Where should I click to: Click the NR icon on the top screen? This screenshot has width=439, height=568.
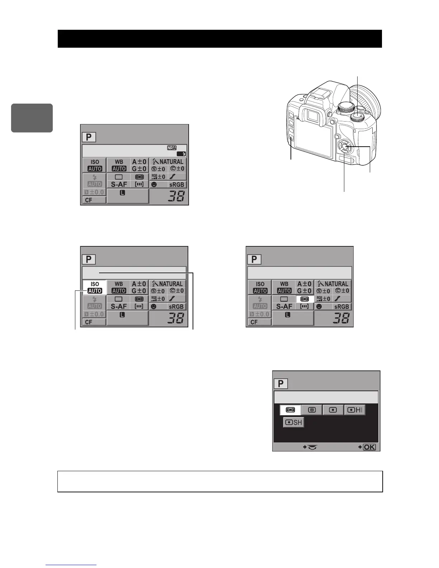172,148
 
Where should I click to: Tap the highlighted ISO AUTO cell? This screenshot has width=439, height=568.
95,288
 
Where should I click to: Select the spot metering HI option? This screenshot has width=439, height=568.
355,410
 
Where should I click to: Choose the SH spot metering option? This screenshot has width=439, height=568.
293,422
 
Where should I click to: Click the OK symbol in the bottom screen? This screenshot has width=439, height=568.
369,447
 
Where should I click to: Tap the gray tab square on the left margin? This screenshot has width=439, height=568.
32,118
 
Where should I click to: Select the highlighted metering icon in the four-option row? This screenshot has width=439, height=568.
290,410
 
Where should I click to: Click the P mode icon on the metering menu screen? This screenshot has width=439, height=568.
280,384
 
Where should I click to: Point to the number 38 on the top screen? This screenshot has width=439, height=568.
176,196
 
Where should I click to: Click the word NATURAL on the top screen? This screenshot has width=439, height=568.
171,162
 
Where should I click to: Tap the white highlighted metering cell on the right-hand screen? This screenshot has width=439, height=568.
305,299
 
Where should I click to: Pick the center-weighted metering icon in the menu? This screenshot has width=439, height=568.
312,410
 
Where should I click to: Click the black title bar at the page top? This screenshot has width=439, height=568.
219,39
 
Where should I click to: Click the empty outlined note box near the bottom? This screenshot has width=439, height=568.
220,481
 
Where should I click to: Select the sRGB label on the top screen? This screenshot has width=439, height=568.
176,185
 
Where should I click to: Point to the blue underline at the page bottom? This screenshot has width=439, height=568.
71,565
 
